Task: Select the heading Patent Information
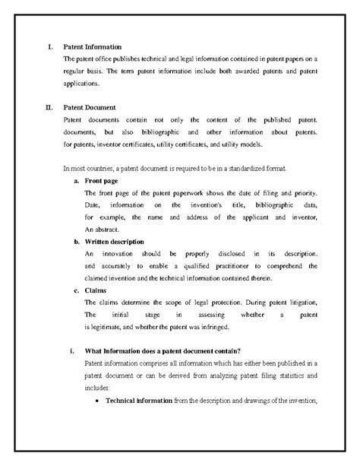tap(92, 48)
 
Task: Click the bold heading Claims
tap(96, 290)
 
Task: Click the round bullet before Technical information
tap(98, 401)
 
